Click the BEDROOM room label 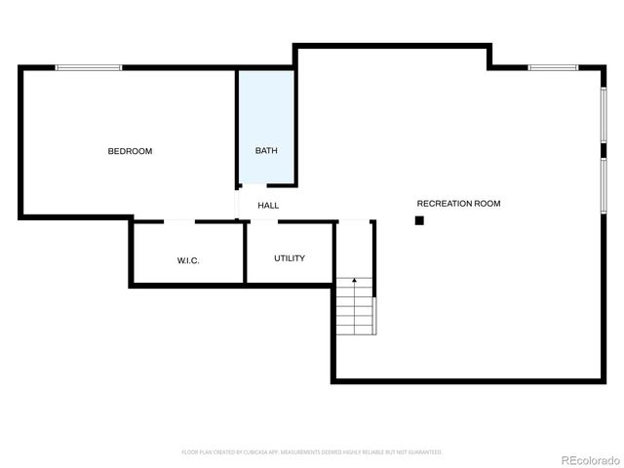click(x=130, y=151)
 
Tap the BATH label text click(x=266, y=151)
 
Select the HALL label click(x=268, y=206)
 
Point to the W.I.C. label click(x=188, y=260)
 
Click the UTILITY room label click(x=290, y=258)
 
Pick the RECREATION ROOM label click(x=458, y=204)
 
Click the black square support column click(x=419, y=221)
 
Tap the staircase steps click(x=356, y=310)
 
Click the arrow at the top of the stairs click(x=355, y=282)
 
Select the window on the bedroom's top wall click(x=89, y=67)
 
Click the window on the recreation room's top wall click(x=553, y=67)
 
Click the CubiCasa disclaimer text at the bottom click(x=312, y=452)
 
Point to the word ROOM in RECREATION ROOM click(x=485, y=204)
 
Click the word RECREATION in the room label click(x=442, y=204)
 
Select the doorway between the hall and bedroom click(x=237, y=205)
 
